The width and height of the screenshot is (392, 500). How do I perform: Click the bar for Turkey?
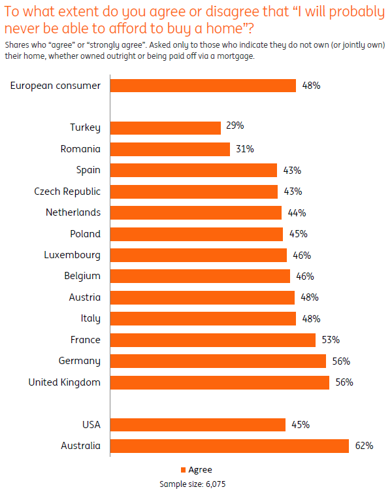point(165,127)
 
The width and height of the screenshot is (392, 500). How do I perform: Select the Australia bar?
point(229,446)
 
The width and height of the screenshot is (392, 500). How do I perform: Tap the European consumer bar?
point(203,86)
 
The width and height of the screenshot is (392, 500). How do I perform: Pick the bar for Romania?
point(170,149)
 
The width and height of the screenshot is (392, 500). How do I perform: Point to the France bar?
point(213,340)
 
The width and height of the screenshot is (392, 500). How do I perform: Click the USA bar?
point(198,425)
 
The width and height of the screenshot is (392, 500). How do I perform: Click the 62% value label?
point(364,446)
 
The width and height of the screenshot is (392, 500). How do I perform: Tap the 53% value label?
point(331,340)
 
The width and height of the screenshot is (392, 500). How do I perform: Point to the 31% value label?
point(245,149)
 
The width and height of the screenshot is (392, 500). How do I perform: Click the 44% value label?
point(297,212)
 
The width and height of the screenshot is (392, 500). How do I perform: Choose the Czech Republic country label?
point(67,192)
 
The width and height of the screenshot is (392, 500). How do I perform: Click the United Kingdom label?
point(64,382)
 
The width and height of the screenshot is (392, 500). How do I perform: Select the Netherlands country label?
point(73,212)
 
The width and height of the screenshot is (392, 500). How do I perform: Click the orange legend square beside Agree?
point(182,470)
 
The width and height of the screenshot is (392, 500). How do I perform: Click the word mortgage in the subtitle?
point(233,56)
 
